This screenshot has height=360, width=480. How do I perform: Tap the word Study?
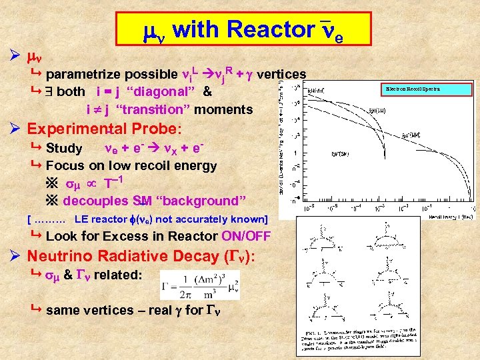point(64,148)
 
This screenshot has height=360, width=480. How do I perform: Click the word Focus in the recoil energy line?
point(65,165)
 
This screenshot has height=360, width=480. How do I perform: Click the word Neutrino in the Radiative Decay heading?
point(63,255)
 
